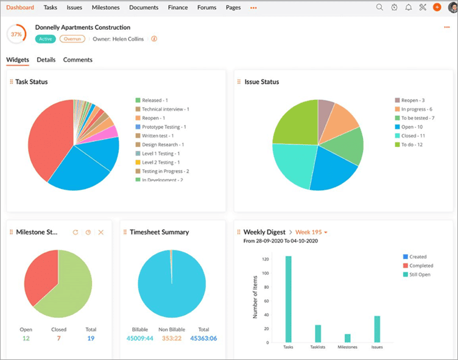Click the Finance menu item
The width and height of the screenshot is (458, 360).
[x=178, y=7]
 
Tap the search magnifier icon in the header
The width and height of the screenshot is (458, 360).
[x=379, y=7]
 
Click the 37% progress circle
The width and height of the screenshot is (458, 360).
[x=16, y=34]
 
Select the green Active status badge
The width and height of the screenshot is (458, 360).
[x=45, y=39]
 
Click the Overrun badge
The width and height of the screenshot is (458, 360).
[x=72, y=39]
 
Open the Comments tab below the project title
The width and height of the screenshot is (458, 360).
[x=78, y=60]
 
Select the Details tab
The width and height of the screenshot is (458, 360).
[x=46, y=60]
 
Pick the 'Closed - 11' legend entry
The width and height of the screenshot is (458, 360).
[x=413, y=136]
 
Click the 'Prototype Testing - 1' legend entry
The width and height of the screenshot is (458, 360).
[x=163, y=127]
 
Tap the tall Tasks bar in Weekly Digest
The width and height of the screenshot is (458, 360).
[x=288, y=299]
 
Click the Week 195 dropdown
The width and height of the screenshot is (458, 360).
[x=312, y=232]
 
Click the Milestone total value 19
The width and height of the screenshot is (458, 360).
[x=91, y=338]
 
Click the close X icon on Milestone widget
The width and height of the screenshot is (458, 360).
[x=101, y=232]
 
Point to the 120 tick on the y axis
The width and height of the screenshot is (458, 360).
[x=265, y=259]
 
